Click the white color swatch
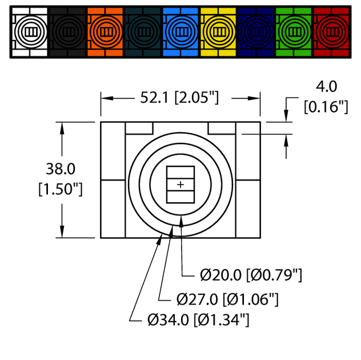30,32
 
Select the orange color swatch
105,32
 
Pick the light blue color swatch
181,32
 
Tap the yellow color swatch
218,32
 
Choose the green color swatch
294,32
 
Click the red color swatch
331,32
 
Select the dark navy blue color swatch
256,32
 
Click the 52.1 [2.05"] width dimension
179,98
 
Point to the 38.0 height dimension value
61,169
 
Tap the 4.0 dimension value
327,87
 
